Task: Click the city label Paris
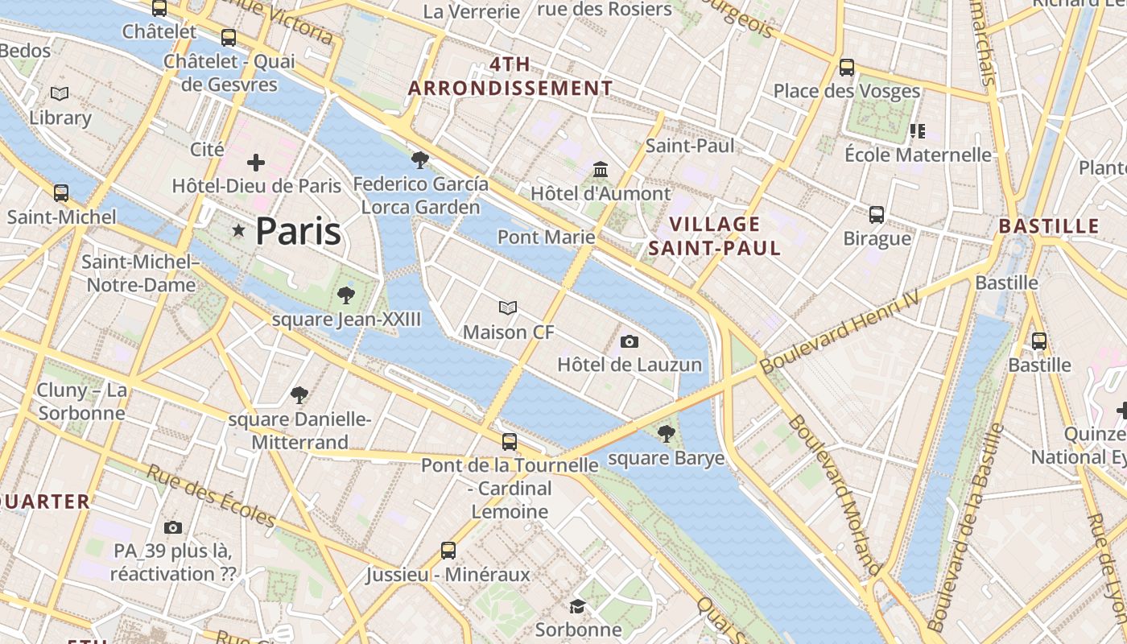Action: (298, 232)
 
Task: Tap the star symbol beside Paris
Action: (238, 231)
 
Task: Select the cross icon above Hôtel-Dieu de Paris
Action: (256, 163)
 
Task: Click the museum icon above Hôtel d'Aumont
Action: (601, 170)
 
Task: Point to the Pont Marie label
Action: (546, 237)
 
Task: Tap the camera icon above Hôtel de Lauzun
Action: (630, 341)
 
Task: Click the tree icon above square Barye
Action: (666, 435)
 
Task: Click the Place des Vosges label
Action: (846, 91)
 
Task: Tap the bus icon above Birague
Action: (877, 215)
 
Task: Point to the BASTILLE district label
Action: (1049, 226)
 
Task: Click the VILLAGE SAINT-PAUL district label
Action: (715, 236)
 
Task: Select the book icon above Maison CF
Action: (508, 308)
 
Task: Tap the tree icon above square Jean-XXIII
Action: (346, 295)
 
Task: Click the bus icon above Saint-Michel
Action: (61, 193)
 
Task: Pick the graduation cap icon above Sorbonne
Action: (577, 606)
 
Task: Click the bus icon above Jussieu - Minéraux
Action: (448, 551)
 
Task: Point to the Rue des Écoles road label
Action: (211, 495)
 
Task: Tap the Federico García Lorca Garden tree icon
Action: (419, 159)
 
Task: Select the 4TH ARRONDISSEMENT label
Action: (510, 76)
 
